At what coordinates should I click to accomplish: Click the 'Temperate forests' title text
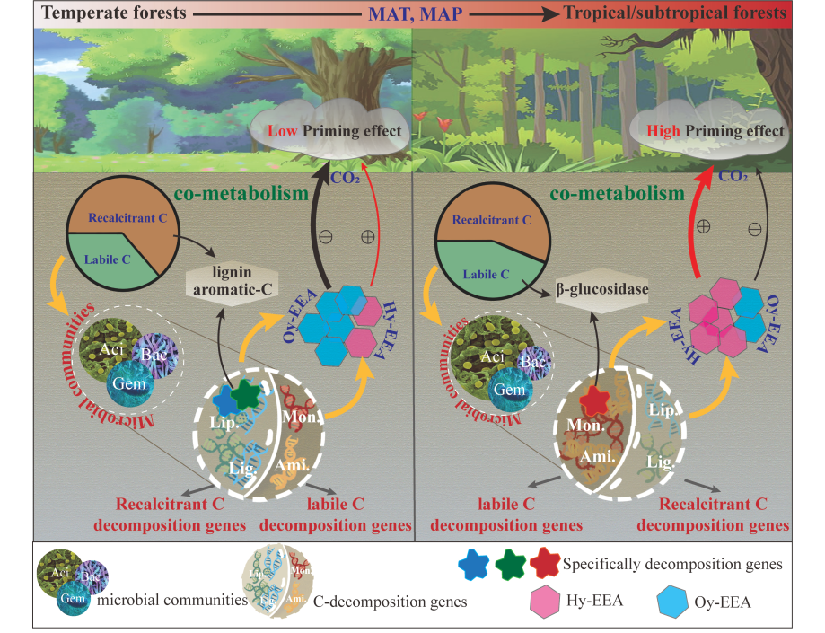[x=94, y=13]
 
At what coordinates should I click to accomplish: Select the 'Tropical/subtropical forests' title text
[x=675, y=13]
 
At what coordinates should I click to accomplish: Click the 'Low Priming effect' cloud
[x=330, y=131]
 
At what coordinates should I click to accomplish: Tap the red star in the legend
[x=546, y=564]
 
